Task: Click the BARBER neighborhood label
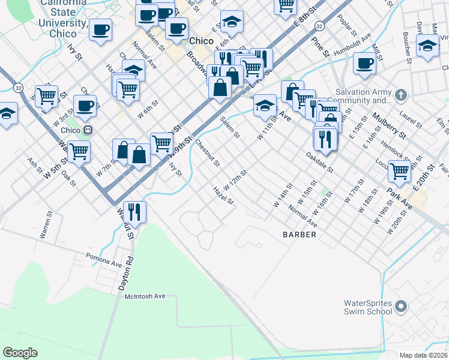tap(299, 235)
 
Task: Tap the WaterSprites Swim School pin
tap(402, 308)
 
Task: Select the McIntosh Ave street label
tap(145, 296)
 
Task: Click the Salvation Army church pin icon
tap(402, 95)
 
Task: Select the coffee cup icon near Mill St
tap(364, 63)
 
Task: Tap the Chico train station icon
tap(88, 130)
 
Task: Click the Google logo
tap(20, 352)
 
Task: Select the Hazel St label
tap(223, 196)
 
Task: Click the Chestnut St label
tap(208, 154)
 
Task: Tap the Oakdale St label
tap(319, 162)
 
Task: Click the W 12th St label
tap(235, 178)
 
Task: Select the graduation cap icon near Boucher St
tap(427, 46)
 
